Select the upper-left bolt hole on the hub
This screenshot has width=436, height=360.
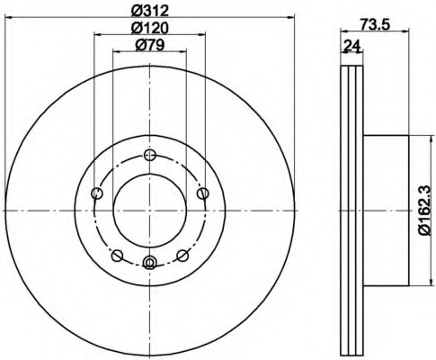[97, 193]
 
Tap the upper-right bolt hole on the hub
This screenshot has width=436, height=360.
[202, 192]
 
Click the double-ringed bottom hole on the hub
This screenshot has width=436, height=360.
[149, 263]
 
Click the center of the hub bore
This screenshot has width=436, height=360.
[149, 211]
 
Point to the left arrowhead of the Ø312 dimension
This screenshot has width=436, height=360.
[7, 16]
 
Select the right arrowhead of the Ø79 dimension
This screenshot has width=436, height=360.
[184, 53]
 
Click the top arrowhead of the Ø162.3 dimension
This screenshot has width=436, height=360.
[416, 138]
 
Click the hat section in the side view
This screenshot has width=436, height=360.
[387, 211]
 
